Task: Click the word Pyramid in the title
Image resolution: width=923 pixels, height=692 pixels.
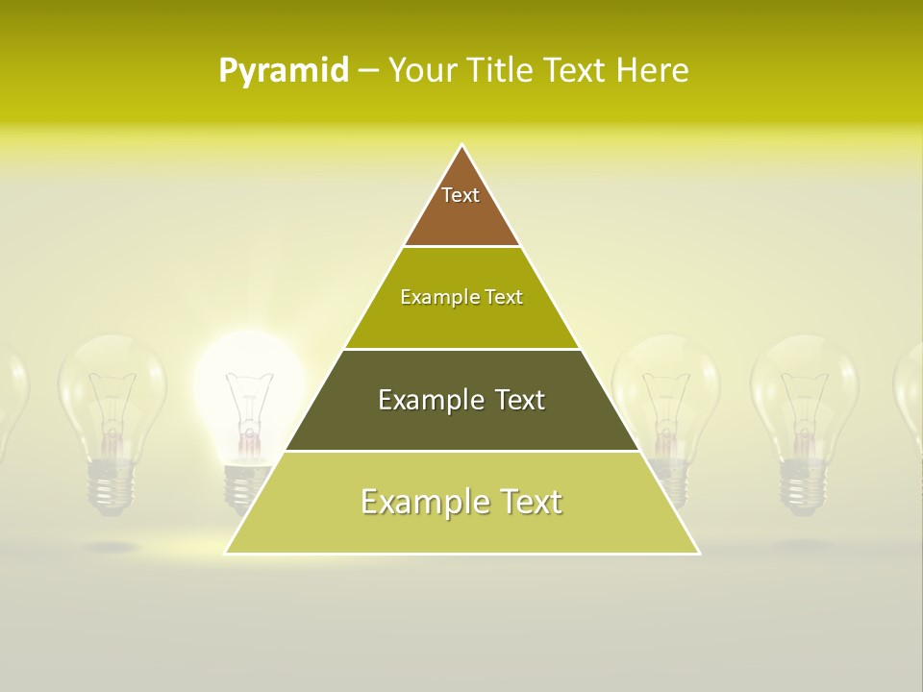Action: coord(283,71)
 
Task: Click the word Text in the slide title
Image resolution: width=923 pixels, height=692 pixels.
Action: coord(574,71)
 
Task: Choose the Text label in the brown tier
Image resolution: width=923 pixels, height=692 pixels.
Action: coord(461,195)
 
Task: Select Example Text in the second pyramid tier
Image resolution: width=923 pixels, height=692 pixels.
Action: coord(461,297)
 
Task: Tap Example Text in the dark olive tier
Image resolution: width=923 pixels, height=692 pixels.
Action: coord(461,400)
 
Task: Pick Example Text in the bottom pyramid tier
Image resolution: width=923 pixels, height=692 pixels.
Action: coord(461,502)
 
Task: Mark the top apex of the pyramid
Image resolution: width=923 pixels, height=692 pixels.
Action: coord(462,145)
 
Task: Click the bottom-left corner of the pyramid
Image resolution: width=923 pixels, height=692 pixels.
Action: coord(226,553)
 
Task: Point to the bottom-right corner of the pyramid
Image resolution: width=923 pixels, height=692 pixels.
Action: coord(698,553)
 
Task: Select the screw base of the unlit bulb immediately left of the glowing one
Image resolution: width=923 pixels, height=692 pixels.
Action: coord(112,485)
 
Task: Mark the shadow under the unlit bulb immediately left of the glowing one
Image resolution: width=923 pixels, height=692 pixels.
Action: coord(112,546)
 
